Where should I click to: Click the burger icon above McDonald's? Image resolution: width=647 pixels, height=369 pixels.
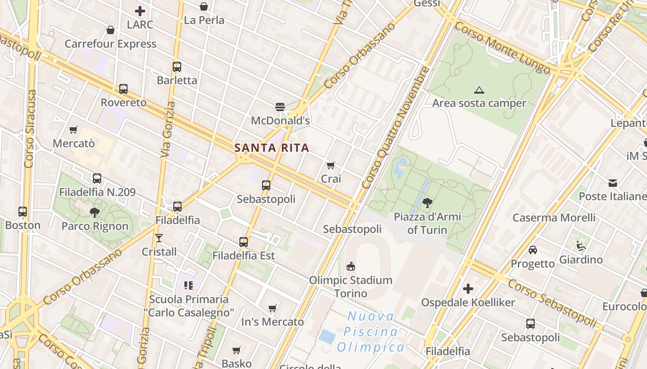pos(280,107)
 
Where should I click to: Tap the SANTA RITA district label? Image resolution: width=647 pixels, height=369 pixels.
pos(271,148)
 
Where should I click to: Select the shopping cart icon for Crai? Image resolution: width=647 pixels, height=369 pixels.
pos(331,165)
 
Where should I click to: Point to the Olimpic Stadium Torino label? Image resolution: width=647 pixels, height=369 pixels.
pos(351,286)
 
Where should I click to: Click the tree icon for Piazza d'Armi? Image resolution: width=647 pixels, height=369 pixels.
pos(427,202)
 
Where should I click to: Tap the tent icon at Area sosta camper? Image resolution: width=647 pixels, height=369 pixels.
pos(479,90)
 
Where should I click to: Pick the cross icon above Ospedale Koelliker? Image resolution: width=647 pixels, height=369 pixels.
pos(468,289)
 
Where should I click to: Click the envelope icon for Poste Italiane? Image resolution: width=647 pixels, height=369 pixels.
pos(613,183)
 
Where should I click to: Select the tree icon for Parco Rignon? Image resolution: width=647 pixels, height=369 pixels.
pos(95,212)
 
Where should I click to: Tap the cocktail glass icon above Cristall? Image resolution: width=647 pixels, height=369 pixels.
pos(159,238)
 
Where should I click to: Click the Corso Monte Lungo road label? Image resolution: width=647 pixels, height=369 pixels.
pos(502,48)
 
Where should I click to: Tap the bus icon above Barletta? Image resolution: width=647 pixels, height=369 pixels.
pos(177,66)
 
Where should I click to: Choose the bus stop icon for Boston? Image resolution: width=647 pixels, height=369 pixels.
pos(23,212)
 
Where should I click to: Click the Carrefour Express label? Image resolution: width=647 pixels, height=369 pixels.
pos(110,44)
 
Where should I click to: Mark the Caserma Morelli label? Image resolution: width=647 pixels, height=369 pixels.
pos(554,217)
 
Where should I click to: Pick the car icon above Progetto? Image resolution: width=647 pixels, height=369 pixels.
pos(533,250)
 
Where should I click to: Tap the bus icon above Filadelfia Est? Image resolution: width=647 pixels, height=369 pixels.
pos(244,242)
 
